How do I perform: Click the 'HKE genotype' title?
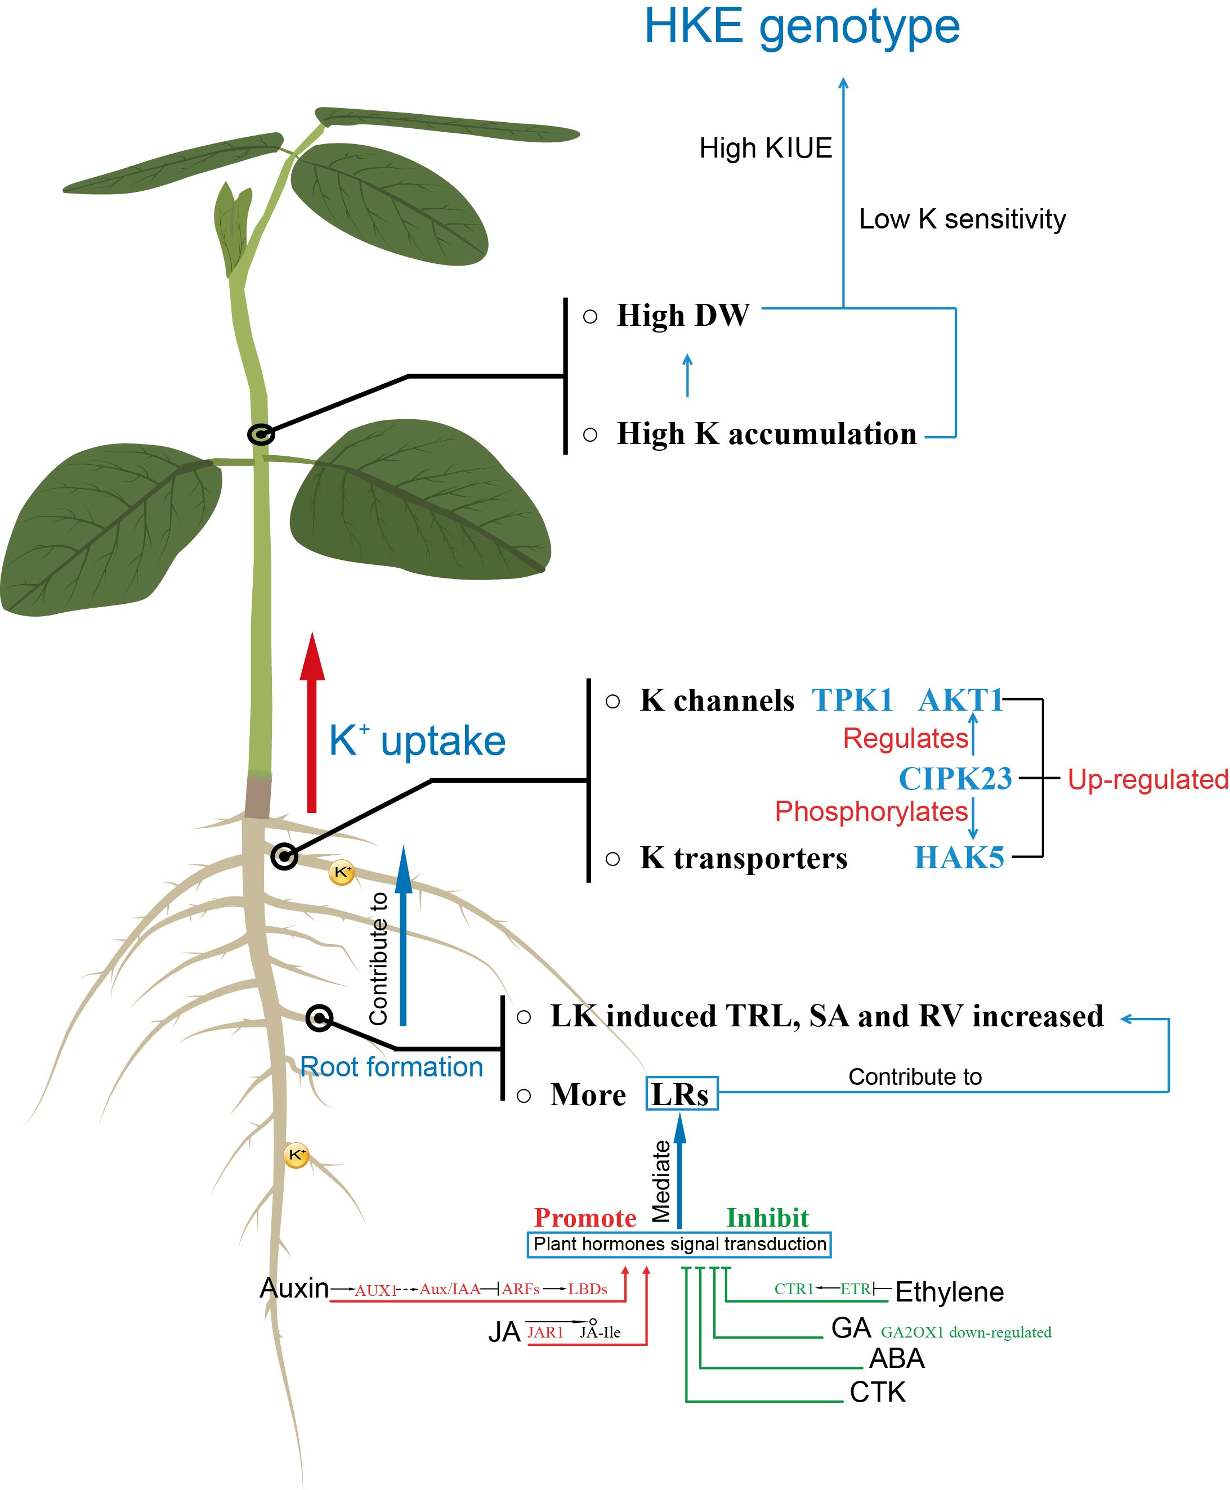pyautogui.click(x=802, y=27)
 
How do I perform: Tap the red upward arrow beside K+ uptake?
pyautogui.click(x=312, y=722)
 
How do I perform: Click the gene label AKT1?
pyautogui.click(x=960, y=701)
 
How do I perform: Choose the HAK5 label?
pyautogui.click(x=959, y=858)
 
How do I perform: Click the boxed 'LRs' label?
pyautogui.click(x=681, y=1094)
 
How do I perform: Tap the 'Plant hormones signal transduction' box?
pyautogui.click(x=679, y=1244)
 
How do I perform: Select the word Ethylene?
pyautogui.click(x=950, y=1292)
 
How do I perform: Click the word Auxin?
pyautogui.click(x=294, y=1288)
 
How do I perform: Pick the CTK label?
pyautogui.click(x=877, y=1392)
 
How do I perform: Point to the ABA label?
pyautogui.click(x=896, y=1358)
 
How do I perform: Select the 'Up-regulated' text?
pyautogui.click(x=1148, y=779)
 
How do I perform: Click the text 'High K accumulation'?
pyautogui.click(x=767, y=434)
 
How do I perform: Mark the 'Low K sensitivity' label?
pyautogui.click(x=962, y=219)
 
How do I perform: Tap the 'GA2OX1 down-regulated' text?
pyautogui.click(x=966, y=1332)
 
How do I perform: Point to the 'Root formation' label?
pyautogui.click(x=391, y=1066)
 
